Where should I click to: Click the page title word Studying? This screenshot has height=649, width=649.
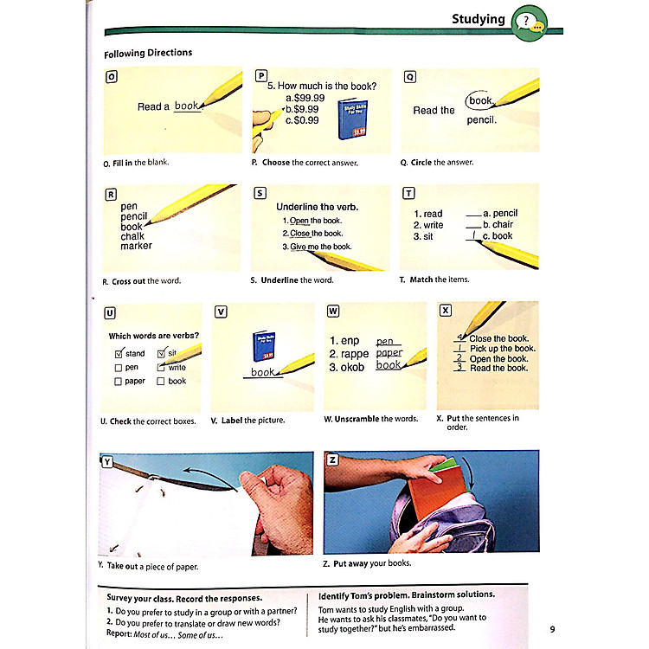point(479,19)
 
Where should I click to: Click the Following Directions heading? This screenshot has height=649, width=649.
point(148,54)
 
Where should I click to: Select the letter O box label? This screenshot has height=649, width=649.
point(111,76)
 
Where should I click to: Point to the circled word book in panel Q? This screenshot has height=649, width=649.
point(480,101)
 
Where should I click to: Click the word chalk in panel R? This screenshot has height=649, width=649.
point(132,236)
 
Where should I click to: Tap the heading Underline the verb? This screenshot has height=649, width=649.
point(317,207)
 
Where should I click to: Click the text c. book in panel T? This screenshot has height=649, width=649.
point(498,235)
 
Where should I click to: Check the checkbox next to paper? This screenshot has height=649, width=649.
point(119,382)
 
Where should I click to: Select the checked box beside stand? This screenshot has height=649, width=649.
point(119,354)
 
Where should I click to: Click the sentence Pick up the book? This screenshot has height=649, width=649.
point(503,349)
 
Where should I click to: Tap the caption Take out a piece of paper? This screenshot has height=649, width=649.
point(149,566)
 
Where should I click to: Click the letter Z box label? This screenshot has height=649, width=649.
point(331,459)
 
